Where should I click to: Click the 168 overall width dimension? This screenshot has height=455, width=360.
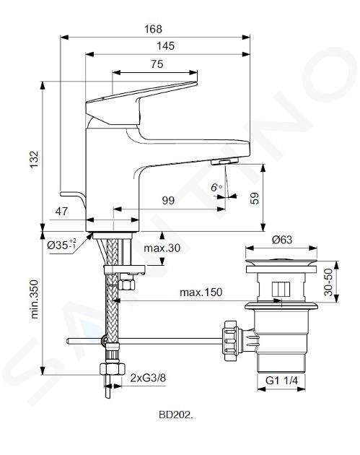(x=154, y=29)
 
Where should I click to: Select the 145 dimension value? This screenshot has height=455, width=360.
(x=165, y=45)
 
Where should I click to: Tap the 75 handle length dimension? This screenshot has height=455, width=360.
(x=157, y=64)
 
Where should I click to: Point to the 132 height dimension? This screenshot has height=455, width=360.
(x=34, y=159)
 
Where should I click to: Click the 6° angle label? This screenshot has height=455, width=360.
(x=216, y=188)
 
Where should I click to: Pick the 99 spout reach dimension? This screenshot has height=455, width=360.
(x=168, y=201)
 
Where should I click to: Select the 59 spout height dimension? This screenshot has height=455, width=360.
(x=254, y=199)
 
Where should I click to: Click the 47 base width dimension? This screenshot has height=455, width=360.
(x=61, y=211)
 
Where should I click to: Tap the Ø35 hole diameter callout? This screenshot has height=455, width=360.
(x=61, y=244)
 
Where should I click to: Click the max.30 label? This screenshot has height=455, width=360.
(x=162, y=248)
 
